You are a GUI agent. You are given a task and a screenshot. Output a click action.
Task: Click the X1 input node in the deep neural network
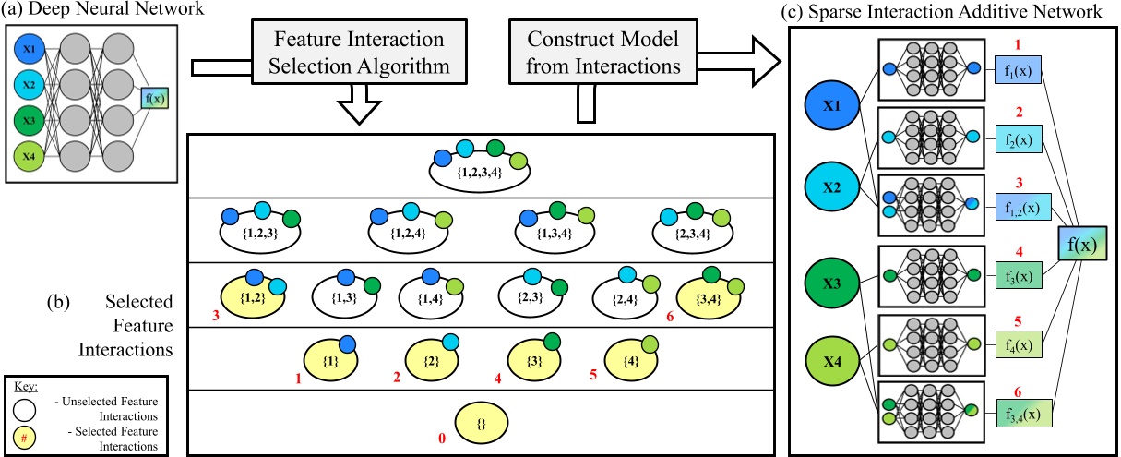28,48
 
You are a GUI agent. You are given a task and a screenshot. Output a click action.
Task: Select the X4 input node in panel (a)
28,151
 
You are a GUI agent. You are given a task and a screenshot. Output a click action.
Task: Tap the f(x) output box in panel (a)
154,99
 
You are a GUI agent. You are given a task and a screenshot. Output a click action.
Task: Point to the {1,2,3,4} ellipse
479,170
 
